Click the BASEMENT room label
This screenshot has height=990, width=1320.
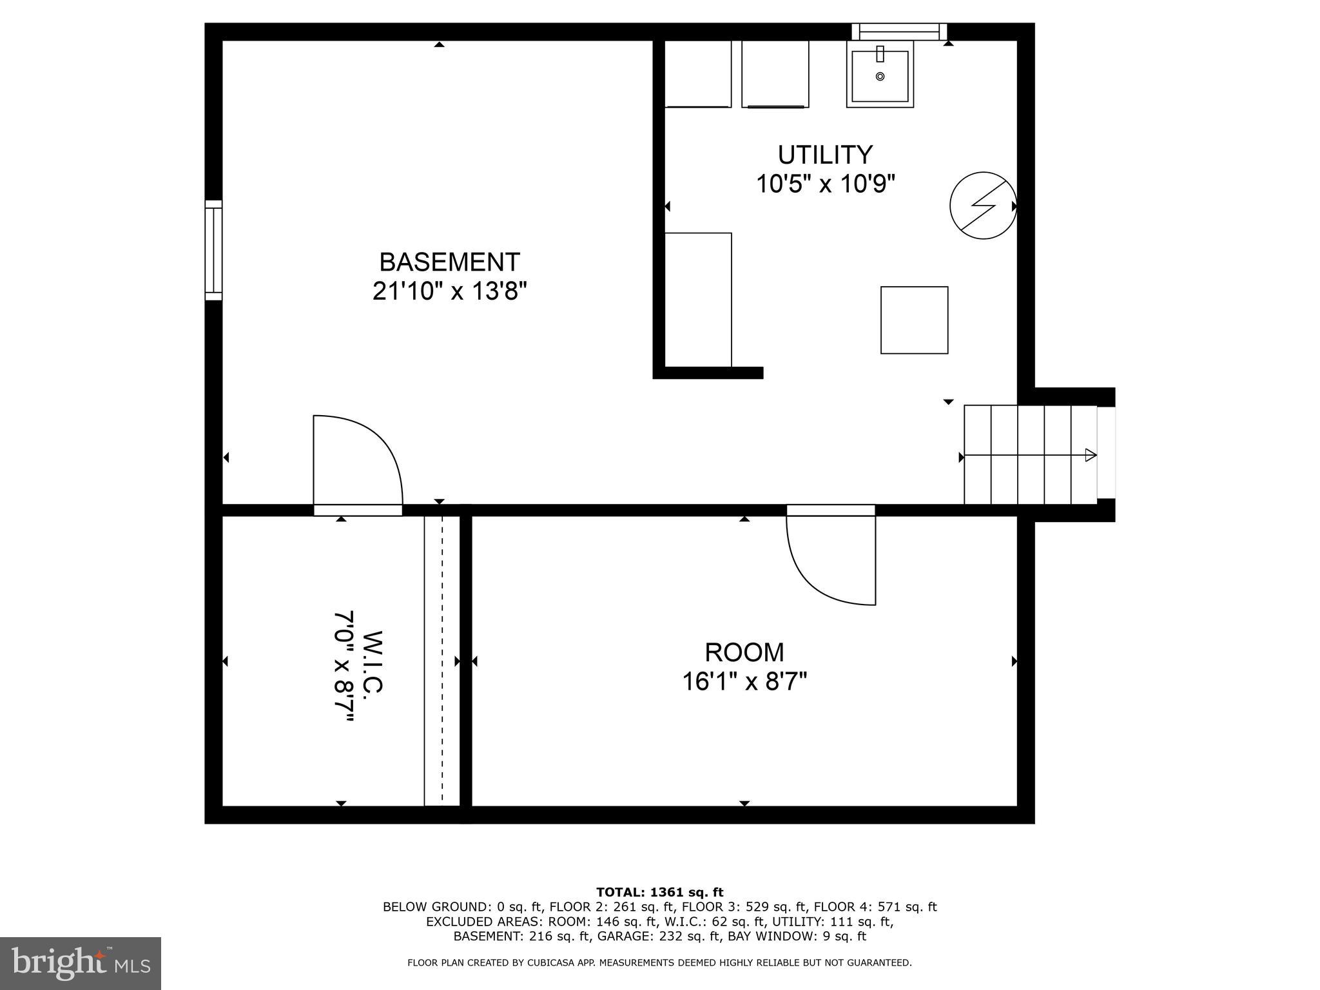pos(449,262)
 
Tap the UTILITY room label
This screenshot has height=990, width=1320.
pos(825,155)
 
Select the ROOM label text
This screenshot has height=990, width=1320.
pos(744,652)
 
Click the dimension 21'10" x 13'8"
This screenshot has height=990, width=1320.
pos(449,292)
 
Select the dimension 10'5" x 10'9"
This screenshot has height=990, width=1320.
pos(826,185)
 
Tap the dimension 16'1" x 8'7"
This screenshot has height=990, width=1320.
pos(744,681)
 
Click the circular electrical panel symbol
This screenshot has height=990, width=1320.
pos(983,206)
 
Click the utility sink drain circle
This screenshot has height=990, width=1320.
pos(880,77)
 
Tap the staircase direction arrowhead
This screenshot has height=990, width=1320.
pos(1090,455)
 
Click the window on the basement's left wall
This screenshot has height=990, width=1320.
pos(213,250)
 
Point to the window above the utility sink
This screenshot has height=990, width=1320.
pos(899,31)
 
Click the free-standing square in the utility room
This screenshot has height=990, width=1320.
pos(914,320)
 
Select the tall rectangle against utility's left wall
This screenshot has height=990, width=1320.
pos(698,300)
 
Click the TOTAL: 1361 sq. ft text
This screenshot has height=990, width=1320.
pos(659,892)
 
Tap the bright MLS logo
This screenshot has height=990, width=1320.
pos(81,963)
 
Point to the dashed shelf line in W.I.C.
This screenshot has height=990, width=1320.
pos(442,661)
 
